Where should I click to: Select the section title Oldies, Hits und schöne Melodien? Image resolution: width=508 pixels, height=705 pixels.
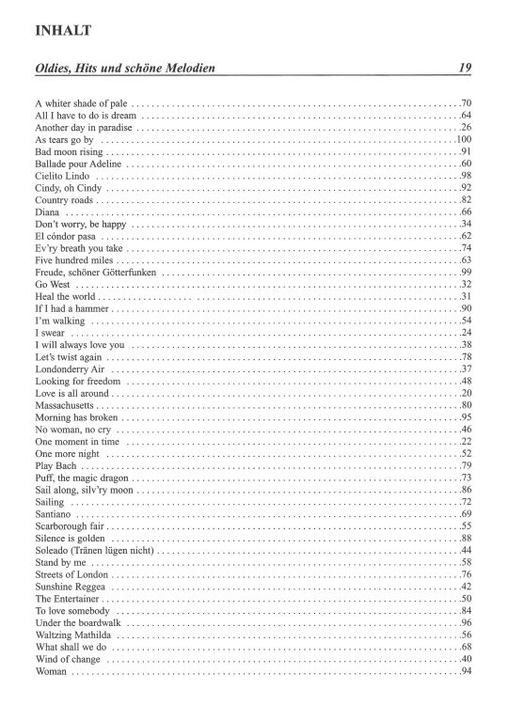pos(139,68)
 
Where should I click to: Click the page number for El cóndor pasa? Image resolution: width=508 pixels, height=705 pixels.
pos(465,236)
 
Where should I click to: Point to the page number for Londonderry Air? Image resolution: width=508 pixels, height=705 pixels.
pos(465,370)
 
